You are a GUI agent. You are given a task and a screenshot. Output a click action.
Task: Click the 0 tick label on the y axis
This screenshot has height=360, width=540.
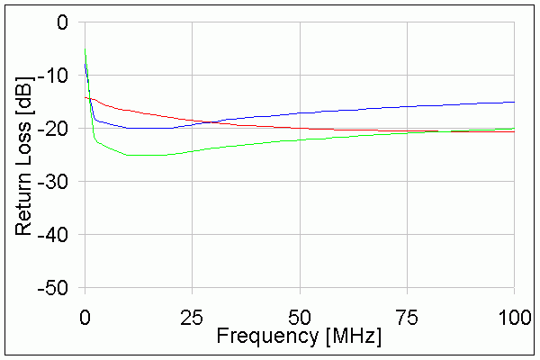(x=61, y=22)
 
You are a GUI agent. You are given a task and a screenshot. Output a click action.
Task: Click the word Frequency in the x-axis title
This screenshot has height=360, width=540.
(x=264, y=337)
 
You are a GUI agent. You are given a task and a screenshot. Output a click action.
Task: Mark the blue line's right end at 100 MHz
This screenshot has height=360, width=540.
(x=514, y=102)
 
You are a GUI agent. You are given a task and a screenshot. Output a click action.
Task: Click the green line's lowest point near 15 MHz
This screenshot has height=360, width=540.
(x=148, y=156)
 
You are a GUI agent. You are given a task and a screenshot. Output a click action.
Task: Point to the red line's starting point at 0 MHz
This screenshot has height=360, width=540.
(x=85, y=97)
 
